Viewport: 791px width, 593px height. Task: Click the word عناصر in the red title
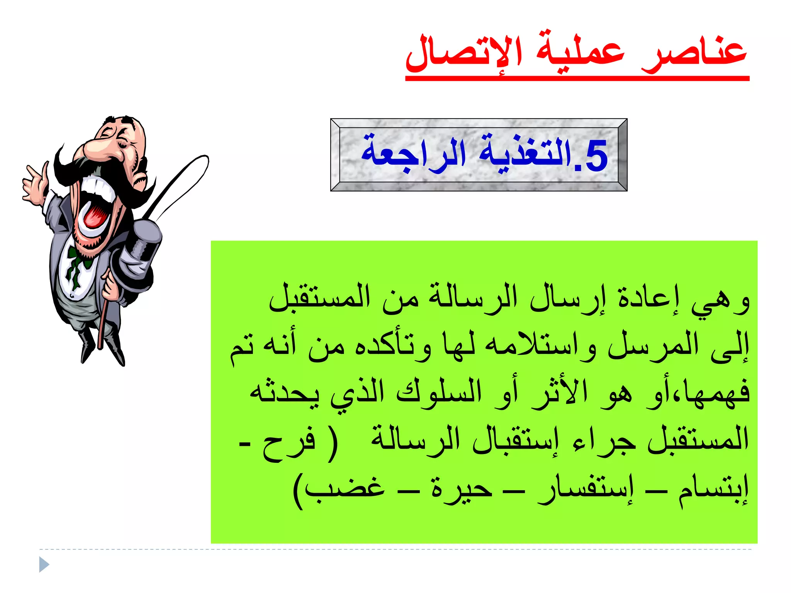click(693, 54)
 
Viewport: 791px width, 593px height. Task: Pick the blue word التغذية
click(525, 152)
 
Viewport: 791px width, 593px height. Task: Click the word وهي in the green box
click(720, 301)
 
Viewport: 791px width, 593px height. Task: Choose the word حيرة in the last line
click(462, 488)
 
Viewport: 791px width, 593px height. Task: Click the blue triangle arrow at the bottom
click(44, 565)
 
